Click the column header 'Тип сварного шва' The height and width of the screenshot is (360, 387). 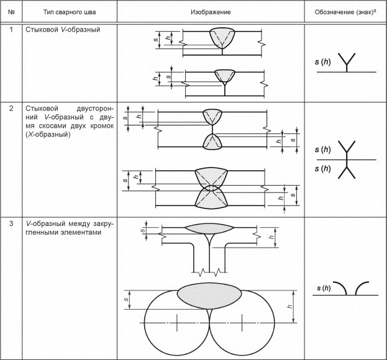pyautogui.click(x=70, y=12)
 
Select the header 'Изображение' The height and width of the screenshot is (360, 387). pyautogui.click(x=211, y=12)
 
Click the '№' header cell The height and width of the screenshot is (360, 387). pyautogui.click(x=11, y=12)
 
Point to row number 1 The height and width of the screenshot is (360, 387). pyautogui.click(x=11, y=30)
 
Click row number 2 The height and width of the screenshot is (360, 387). pyautogui.click(x=11, y=109)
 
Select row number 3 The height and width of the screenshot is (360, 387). pyautogui.click(x=11, y=223)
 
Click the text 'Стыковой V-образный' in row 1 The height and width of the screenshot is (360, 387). pyautogui.click(x=63, y=30)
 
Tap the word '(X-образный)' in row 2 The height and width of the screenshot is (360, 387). pyautogui.click(x=48, y=135)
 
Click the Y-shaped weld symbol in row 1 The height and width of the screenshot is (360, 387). pyautogui.click(x=347, y=63)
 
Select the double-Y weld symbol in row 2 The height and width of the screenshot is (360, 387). pyautogui.click(x=347, y=160)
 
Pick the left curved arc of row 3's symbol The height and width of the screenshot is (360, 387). pyautogui.click(x=340, y=288)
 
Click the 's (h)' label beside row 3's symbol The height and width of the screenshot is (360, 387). pyautogui.click(x=324, y=288)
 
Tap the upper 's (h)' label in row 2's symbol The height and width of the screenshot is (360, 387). pyautogui.click(x=323, y=150)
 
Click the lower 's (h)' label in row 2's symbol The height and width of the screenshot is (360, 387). pyautogui.click(x=323, y=169)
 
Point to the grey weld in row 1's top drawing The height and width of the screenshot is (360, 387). pyautogui.click(x=222, y=38)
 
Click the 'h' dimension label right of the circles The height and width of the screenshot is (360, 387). pyautogui.click(x=290, y=307)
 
